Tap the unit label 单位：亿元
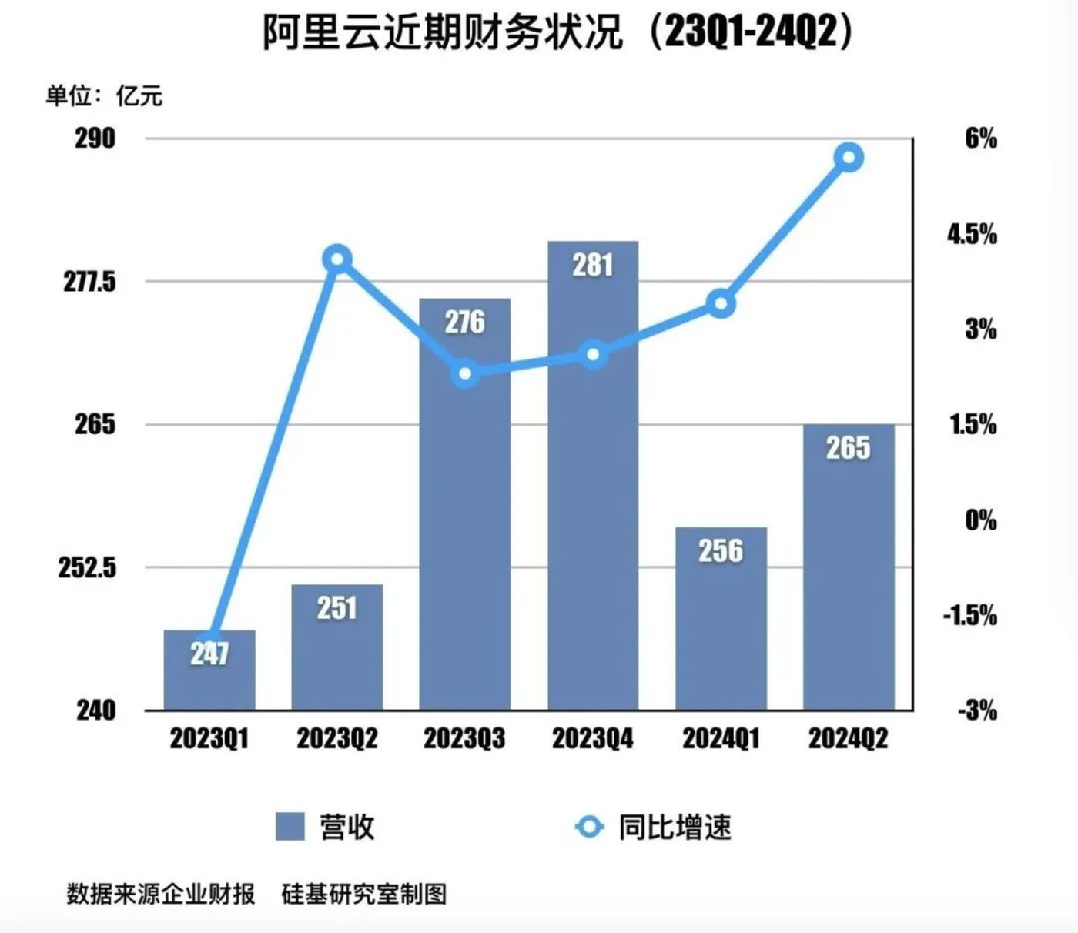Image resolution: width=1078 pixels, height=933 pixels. (x=104, y=96)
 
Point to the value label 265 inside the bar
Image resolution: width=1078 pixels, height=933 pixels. (x=848, y=448)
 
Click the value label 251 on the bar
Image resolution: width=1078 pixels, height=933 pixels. (x=337, y=608)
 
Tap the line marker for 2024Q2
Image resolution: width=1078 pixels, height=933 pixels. (x=849, y=158)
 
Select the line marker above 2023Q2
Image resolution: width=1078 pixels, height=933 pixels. (x=337, y=259)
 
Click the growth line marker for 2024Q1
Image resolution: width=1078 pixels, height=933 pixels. (x=721, y=304)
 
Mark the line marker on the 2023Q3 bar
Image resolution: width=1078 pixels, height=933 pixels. (x=465, y=375)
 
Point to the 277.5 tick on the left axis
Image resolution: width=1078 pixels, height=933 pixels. (x=89, y=282)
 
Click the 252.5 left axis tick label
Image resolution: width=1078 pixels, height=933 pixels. (x=87, y=567)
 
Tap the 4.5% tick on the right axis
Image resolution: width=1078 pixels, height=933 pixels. (x=972, y=234)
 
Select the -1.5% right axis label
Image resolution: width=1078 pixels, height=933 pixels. (x=969, y=615)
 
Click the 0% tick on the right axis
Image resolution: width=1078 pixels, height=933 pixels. (x=980, y=520)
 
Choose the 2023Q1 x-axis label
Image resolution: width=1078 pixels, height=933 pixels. (x=209, y=738)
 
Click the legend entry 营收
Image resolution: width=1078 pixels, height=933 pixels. (x=325, y=827)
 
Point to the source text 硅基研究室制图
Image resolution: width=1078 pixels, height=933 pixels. (x=363, y=894)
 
